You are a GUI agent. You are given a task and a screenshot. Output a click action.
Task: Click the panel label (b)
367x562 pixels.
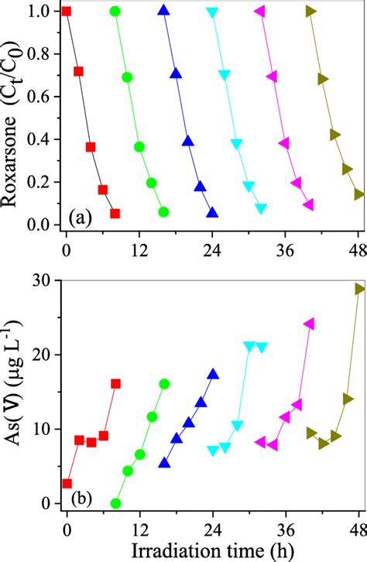(80, 492)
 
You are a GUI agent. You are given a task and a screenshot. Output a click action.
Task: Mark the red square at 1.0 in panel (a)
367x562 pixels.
(67, 12)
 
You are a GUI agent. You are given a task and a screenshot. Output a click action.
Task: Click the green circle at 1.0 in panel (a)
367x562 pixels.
(115, 12)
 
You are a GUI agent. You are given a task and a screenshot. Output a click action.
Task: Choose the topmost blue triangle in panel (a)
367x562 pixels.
(163, 11)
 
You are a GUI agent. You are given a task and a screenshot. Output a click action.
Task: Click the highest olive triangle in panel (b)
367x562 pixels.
(359, 289)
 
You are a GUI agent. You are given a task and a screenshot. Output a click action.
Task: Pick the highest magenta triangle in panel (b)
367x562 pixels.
(309, 324)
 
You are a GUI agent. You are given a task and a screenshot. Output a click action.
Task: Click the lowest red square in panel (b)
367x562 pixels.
(67, 484)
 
